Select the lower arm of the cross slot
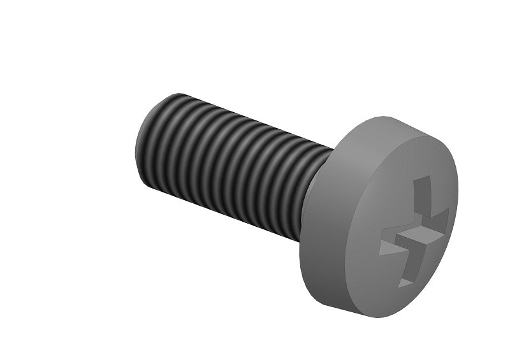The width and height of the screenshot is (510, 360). tap(408, 268)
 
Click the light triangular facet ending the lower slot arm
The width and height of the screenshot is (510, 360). tap(406, 280)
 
